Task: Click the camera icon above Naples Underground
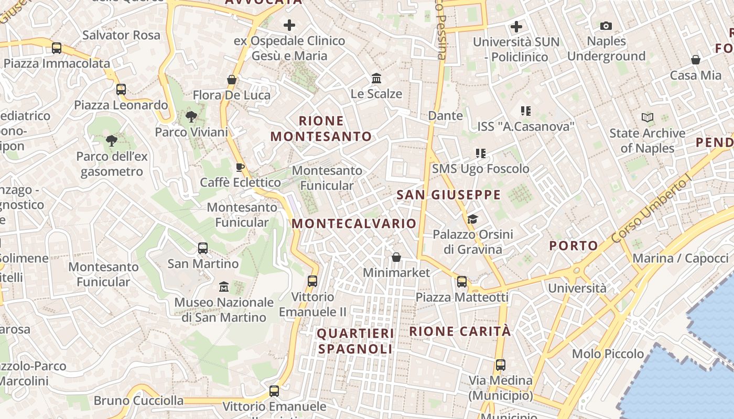click(606, 26)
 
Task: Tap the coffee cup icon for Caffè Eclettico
click(240, 167)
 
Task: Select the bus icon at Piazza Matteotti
click(461, 282)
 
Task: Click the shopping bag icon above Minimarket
click(396, 257)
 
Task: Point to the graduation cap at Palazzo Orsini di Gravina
click(472, 219)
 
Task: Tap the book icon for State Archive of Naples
click(647, 118)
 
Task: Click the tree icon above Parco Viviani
click(191, 117)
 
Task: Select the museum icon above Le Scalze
click(376, 79)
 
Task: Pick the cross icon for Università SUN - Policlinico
click(516, 26)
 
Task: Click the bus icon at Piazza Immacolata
click(57, 48)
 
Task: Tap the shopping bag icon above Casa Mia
click(696, 60)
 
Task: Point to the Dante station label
click(446, 115)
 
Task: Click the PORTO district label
click(574, 246)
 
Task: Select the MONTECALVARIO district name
click(354, 224)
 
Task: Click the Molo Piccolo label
click(608, 354)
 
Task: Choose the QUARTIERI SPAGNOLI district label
click(355, 341)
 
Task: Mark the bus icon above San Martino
click(203, 248)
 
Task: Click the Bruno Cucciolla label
click(139, 401)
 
